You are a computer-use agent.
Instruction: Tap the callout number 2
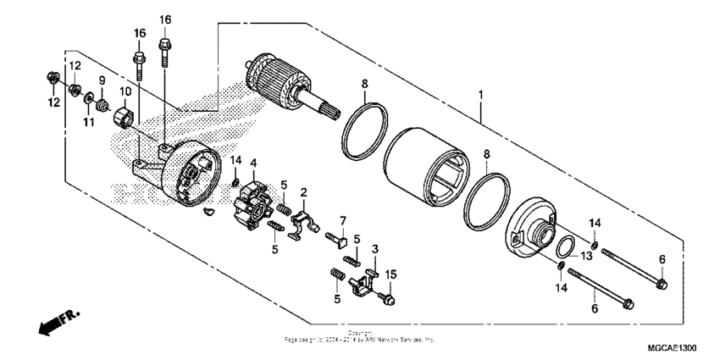303,193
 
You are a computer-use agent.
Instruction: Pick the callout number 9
102,81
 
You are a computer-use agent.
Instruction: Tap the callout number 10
124,91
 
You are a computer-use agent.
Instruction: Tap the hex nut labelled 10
123,113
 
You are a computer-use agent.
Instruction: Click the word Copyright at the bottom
360,332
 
